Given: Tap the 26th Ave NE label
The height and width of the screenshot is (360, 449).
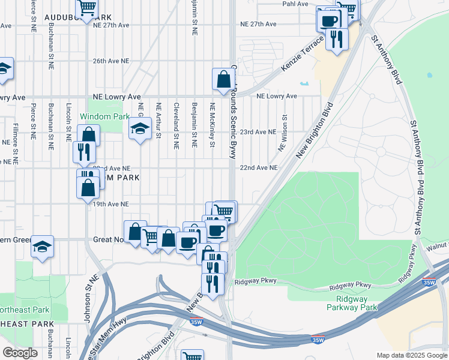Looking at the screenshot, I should click(x=111, y=61).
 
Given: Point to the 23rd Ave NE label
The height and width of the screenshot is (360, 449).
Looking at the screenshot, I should click(x=258, y=132).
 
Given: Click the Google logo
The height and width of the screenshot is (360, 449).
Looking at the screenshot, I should click(x=20, y=353).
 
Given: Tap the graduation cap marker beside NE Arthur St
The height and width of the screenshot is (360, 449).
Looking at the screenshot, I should click(x=140, y=128).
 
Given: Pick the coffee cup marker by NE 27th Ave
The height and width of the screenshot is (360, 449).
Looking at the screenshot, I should click(x=328, y=21).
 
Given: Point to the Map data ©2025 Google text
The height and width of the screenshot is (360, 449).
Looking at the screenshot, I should click(x=412, y=355).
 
